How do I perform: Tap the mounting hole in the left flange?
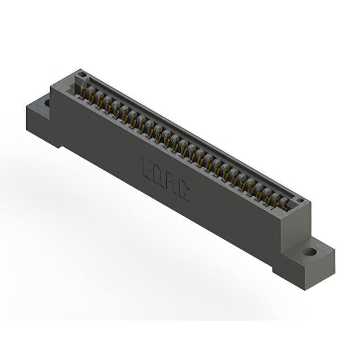pos(46,103)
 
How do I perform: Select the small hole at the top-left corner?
pos(82,74)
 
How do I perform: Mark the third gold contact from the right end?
pos(268,193)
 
